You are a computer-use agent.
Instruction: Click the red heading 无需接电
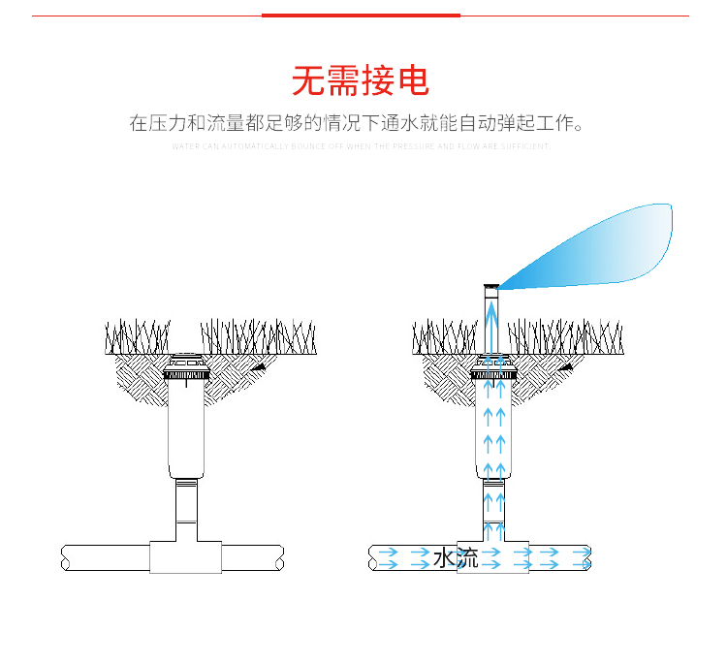tap(361, 81)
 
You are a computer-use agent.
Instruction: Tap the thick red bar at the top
tap(361, 16)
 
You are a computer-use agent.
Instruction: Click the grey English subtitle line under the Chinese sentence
tap(361, 146)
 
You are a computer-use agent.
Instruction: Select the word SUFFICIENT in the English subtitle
tap(528, 146)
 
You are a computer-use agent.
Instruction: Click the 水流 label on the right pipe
tap(456, 558)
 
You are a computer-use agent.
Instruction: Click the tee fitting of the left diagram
tap(186, 557)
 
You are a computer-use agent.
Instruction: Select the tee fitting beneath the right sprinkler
tap(493, 557)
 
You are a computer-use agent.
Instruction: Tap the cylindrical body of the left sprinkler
tap(185, 427)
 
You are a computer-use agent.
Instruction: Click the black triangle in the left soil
tap(259, 368)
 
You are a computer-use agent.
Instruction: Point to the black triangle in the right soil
tap(565, 368)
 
